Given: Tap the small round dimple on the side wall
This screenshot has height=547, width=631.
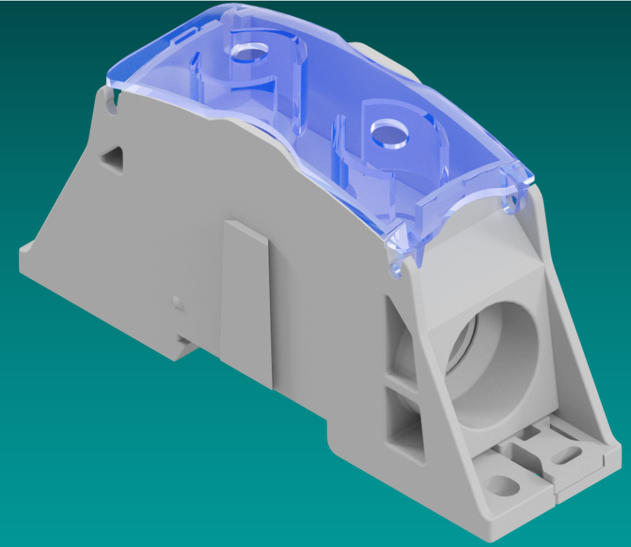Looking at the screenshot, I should [x=178, y=301].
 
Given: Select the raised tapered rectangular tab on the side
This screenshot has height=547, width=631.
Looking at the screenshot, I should [x=247, y=301].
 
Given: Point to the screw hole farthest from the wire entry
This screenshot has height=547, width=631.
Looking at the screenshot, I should [x=250, y=52].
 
